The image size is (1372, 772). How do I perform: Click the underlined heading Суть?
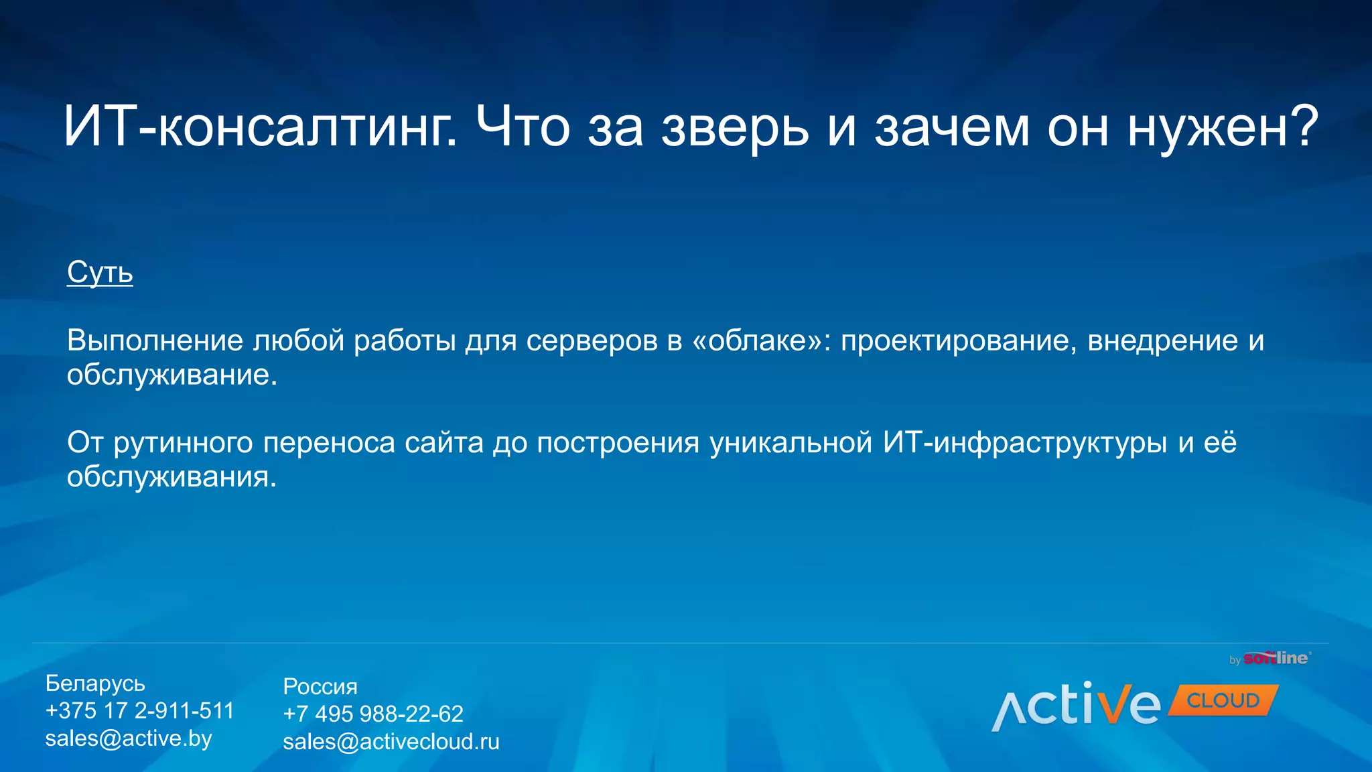tap(100, 272)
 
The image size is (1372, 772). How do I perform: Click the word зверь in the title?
tap(735, 127)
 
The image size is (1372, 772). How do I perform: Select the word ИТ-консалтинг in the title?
tap(261, 127)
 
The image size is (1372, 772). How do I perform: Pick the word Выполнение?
tap(155, 340)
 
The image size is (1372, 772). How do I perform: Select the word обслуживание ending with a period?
tap(171, 375)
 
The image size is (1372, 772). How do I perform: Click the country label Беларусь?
tap(95, 684)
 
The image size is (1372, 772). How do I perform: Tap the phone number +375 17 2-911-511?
tap(139, 710)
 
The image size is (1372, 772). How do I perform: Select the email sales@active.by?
tap(128, 738)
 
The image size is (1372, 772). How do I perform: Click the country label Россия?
tap(320, 686)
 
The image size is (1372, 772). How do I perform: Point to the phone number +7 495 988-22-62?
tap(372, 714)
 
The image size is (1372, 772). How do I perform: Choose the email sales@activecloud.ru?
tap(391, 742)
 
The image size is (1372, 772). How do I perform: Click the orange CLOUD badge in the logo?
tap(1223, 700)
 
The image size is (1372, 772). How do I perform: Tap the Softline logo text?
tap(1276, 658)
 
